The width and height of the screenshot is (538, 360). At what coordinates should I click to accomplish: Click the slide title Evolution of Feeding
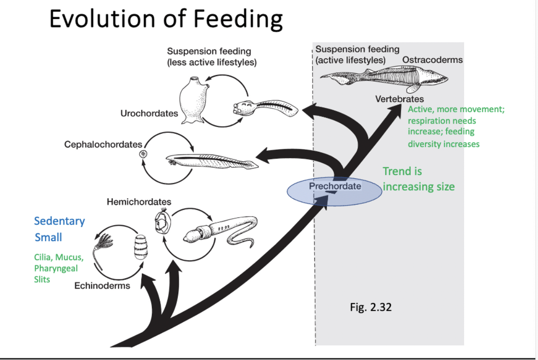[166, 19]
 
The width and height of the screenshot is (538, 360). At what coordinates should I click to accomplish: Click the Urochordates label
[149, 114]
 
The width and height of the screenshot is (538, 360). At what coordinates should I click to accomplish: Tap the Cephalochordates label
[103, 144]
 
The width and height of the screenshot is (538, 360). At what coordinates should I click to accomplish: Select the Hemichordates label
[139, 202]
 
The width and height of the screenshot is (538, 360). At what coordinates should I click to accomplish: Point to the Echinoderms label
[102, 286]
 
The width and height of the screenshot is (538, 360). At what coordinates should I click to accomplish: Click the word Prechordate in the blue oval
[335, 186]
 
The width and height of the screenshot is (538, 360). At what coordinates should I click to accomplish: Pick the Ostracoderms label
[432, 60]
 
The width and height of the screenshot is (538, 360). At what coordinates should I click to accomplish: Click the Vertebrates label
[399, 99]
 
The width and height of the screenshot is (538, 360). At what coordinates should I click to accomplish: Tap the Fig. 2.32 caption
[371, 307]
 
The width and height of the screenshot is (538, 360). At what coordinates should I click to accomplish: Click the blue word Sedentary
[59, 221]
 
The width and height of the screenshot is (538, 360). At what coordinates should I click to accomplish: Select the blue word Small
[48, 238]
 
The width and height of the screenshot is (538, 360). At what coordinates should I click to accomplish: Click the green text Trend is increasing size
[418, 179]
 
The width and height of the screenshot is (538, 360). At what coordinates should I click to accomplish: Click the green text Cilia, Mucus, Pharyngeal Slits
[58, 268]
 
